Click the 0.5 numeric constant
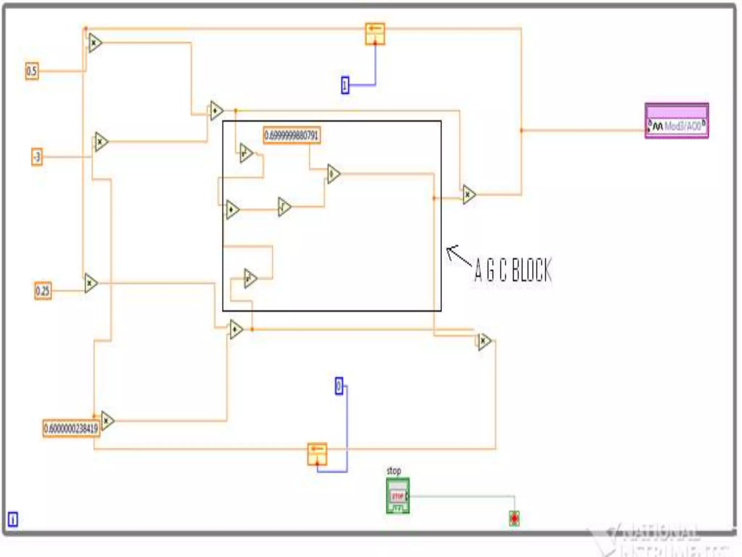click(x=32, y=71)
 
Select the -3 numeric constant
click(x=37, y=157)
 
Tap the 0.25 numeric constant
click(x=43, y=291)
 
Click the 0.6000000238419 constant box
click(x=71, y=429)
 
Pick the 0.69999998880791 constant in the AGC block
click(x=292, y=136)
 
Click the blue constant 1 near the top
click(x=345, y=85)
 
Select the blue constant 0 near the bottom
click(x=339, y=386)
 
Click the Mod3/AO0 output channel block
click(x=676, y=121)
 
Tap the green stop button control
click(x=397, y=495)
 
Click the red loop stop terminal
click(x=514, y=519)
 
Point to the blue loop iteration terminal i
click(x=13, y=519)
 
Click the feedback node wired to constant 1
click(x=375, y=34)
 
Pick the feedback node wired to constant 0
click(x=317, y=454)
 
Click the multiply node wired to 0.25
click(x=91, y=283)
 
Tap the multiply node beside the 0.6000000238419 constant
click(x=107, y=421)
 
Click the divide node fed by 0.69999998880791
click(x=333, y=174)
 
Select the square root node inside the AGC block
click(x=284, y=207)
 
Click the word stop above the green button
click(x=393, y=471)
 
